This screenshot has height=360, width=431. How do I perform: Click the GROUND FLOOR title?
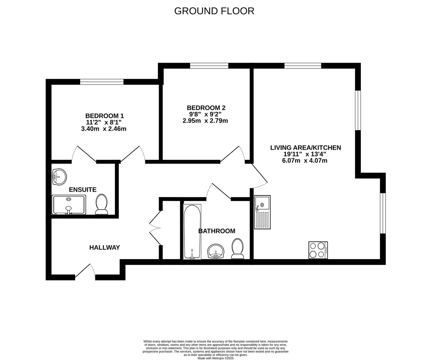pyautogui.click(x=214, y=11)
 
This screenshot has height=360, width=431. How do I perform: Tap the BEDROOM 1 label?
pyautogui.click(x=104, y=116)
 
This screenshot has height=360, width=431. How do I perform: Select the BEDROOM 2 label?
pyautogui.click(x=206, y=108)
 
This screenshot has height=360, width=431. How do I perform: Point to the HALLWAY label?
pyautogui.click(x=104, y=247)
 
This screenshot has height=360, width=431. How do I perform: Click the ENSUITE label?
pyautogui.click(x=83, y=190)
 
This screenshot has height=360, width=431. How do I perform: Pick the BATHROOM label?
pyautogui.click(x=217, y=231)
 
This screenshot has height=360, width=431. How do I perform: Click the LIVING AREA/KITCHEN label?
pyautogui.click(x=306, y=148)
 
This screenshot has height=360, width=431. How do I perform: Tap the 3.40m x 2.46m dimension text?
pyautogui.click(x=104, y=129)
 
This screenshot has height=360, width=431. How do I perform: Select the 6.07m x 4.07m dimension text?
pyautogui.click(x=305, y=160)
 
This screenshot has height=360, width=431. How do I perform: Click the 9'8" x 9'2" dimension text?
pyautogui.click(x=205, y=114)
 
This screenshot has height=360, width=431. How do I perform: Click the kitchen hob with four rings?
pyautogui.click(x=318, y=250)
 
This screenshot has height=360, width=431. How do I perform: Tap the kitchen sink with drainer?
pyautogui.click(x=262, y=212)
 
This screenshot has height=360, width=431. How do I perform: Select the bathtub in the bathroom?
pyautogui.click(x=192, y=232)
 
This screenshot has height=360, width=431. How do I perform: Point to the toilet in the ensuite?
pyautogui.click(x=101, y=204)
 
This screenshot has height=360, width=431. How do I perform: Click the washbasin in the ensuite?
pyautogui.click(x=59, y=177)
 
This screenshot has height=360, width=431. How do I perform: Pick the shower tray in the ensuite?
pyautogui.click(x=69, y=205)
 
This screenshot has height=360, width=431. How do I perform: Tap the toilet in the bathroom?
pyautogui.click(x=238, y=249)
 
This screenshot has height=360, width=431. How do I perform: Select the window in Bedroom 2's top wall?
pyautogui.click(x=209, y=66)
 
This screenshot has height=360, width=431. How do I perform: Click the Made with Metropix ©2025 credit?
pyautogui.click(x=215, y=358)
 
